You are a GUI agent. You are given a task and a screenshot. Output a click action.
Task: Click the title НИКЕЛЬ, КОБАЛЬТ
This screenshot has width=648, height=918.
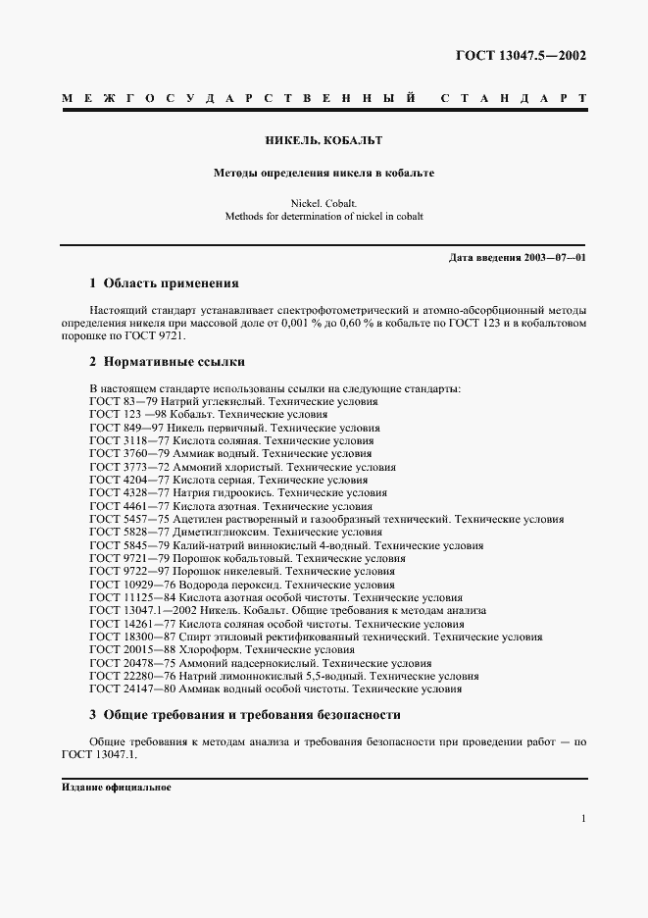pos(324,140)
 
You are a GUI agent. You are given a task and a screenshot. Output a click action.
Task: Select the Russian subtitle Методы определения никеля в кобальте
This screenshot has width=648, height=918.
pos(324,173)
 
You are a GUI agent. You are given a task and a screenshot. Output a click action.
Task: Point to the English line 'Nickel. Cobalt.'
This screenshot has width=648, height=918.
pos(324,203)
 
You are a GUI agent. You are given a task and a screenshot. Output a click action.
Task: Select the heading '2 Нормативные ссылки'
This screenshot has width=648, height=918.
pos(167,362)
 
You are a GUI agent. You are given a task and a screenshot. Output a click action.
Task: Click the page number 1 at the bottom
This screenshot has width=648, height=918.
pos(582,819)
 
